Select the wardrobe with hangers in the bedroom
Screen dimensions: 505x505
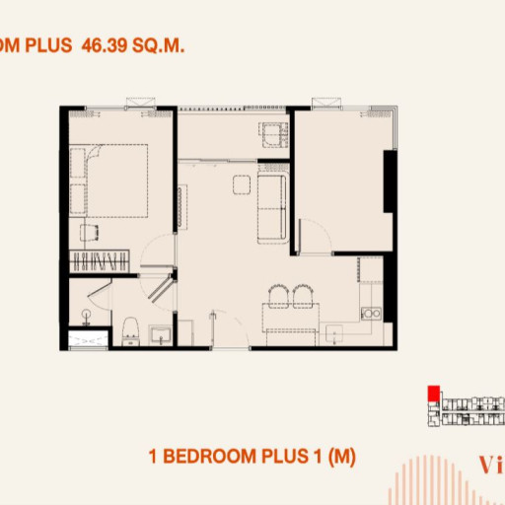pyautogui.click(x=101, y=261)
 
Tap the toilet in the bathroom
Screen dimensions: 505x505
pyautogui.click(x=129, y=331)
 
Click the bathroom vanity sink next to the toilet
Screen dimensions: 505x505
pyautogui.click(x=160, y=333)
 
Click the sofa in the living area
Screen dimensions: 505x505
pyautogui.click(x=271, y=205)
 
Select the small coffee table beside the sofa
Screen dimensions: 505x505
pyautogui.click(x=240, y=184)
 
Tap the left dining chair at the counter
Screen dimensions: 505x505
pyautogui.click(x=277, y=295)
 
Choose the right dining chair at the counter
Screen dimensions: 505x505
pyautogui.click(x=300, y=295)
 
